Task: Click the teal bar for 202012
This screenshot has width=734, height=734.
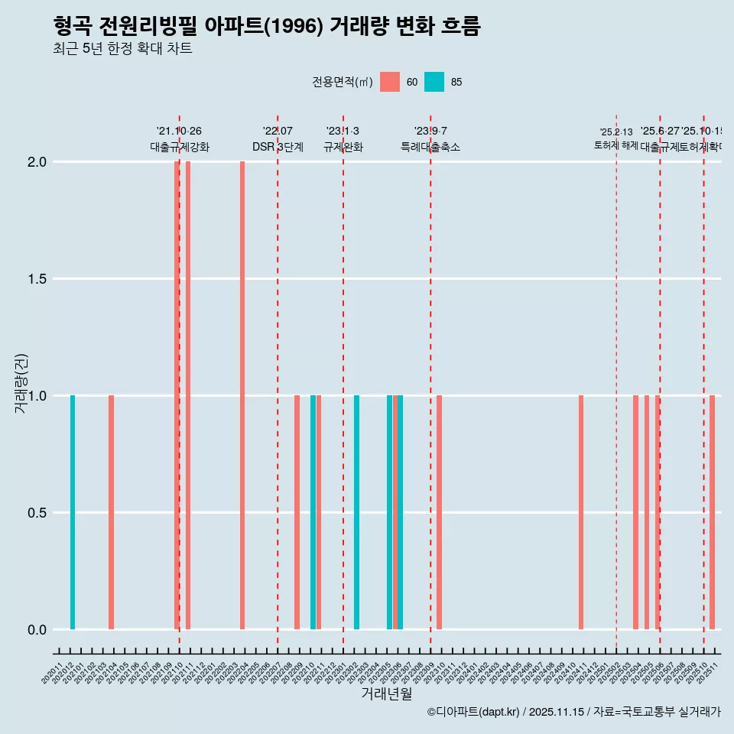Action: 73,512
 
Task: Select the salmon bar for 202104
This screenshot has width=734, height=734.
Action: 111,512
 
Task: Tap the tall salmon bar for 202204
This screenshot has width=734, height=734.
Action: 242,395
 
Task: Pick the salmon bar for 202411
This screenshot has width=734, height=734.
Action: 581,512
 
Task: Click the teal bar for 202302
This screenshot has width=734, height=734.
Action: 356,512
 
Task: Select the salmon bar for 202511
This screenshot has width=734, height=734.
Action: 712,512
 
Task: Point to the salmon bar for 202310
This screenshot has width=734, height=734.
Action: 440,512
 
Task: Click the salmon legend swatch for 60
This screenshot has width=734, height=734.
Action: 390,82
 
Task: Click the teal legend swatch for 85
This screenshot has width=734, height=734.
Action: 434,82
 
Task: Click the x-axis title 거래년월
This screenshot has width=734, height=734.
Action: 386,693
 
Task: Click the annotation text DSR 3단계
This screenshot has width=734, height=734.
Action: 278,148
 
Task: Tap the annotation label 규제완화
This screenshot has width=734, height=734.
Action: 343,148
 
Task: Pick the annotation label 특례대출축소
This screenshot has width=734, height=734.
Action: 430,148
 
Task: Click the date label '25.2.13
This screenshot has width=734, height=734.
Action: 616,132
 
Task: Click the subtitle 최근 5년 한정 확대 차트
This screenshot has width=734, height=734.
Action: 122,49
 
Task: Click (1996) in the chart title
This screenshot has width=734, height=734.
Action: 307,27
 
